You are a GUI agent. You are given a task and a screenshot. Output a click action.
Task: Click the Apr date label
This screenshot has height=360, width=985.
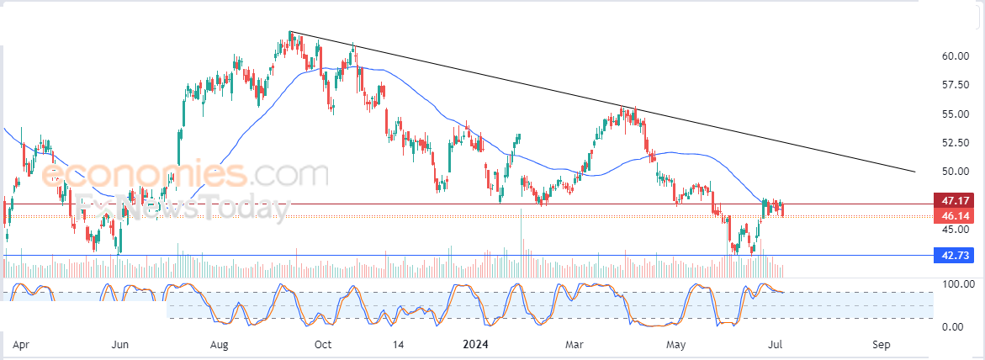click(x=23, y=345)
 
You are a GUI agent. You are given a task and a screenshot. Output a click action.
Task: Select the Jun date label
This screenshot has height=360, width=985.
click(x=120, y=345)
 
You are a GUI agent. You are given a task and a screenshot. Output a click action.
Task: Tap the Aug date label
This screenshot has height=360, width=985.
click(x=220, y=345)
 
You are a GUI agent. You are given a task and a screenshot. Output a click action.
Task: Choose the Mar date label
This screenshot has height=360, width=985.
click(x=575, y=345)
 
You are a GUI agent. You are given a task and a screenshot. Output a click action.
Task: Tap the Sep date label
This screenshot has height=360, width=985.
click(x=881, y=345)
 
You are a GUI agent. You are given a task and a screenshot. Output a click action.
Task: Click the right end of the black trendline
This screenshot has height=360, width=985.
click(x=914, y=172)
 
